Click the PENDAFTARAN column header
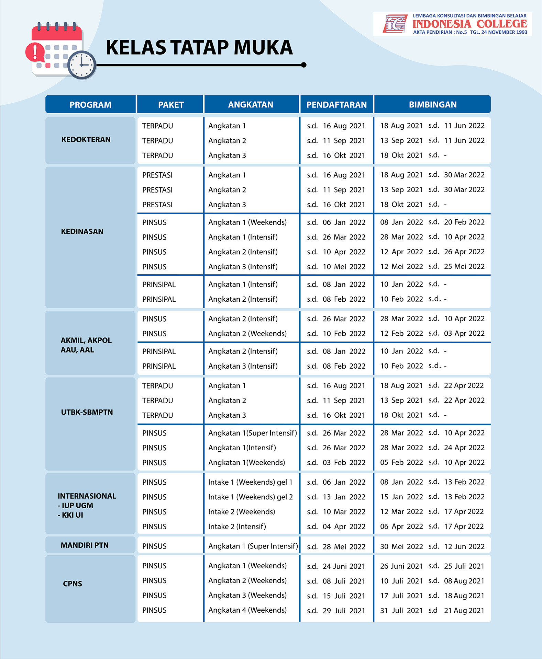(x=336, y=105)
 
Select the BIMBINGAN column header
(x=432, y=105)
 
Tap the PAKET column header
(x=171, y=105)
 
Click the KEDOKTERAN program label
(x=86, y=140)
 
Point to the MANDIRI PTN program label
(x=85, y=545)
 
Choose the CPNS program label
(x=73, y=584)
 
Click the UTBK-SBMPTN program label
(x=87, y=412)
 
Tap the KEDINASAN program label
(x=82, y=232)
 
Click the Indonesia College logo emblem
(x=395, y=24)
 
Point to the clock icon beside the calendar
(x=82, y=65)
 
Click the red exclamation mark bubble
(x=35, y=52)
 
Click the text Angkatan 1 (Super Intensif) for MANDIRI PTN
(x=253, y=546)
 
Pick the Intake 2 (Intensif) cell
(x=237, y=527)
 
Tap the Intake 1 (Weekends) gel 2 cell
(x=250, y=497)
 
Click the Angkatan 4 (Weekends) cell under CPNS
(x=247, y=610)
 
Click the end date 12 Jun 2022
(x=464, y=546)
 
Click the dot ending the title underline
(x=303, y=65)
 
